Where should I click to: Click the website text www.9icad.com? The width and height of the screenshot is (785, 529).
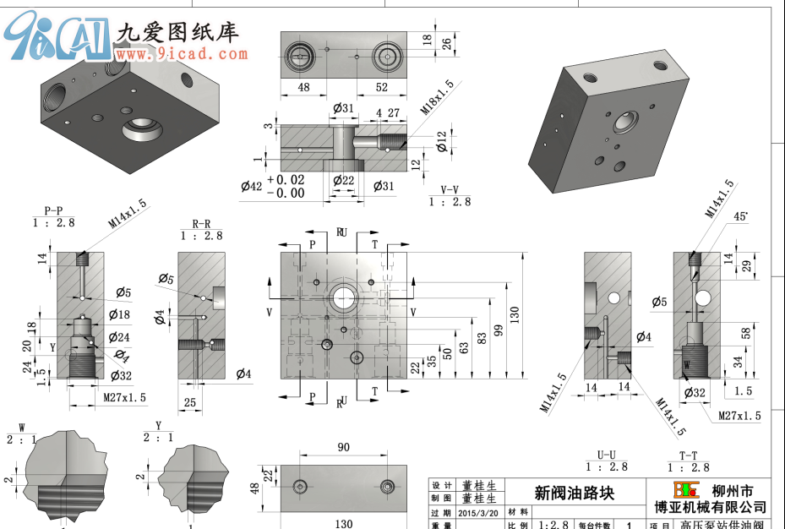coord(182,55)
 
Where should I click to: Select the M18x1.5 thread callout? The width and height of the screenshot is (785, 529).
coord(438,98)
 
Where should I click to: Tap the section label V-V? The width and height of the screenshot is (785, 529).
coord(450,189)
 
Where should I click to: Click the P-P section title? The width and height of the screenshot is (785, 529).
coord(54,210)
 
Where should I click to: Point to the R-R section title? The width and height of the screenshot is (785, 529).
coord(201,224)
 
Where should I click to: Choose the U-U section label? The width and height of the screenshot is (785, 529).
coord(606,454)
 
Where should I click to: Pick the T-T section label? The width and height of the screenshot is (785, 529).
coord(688,454)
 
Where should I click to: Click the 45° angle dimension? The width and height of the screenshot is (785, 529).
coord(740,216)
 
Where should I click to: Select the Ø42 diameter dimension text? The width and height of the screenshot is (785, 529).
coord(251,187)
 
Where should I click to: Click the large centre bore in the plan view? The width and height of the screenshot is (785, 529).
coord(344,297)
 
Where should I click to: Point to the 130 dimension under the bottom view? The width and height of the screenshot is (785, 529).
coord(343,524)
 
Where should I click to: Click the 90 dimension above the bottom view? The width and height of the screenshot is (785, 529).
coord(343,448)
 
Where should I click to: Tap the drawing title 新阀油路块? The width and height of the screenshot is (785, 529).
coord(574,493)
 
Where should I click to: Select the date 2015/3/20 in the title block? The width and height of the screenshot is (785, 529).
coord(478,512)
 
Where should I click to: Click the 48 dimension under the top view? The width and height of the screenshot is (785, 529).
coord(303,87)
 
